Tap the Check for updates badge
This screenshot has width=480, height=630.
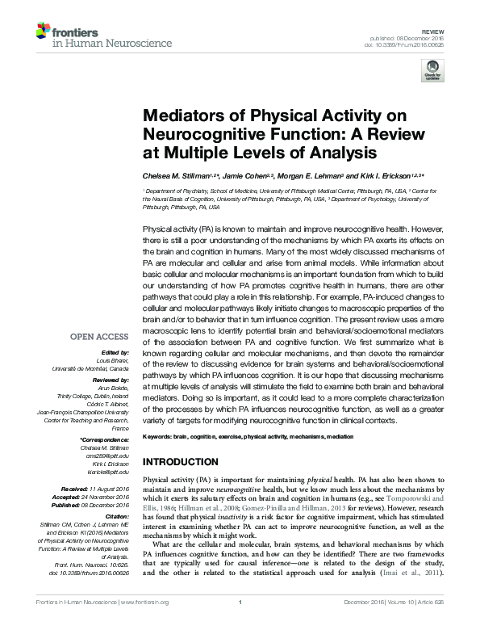[x=431, y=72]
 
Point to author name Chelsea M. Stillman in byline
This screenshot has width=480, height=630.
[x=173, y=175]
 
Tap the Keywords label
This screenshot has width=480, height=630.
[x=160, y=436]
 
